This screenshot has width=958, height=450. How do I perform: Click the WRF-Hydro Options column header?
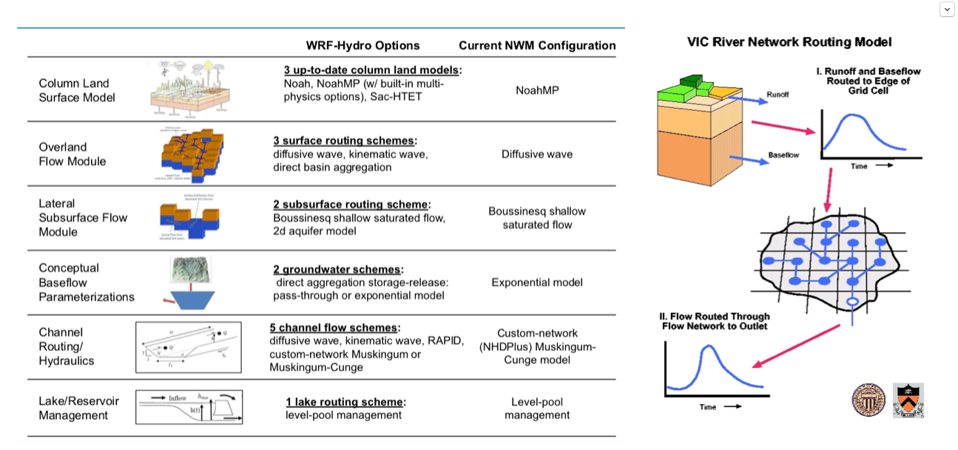coord(362,46)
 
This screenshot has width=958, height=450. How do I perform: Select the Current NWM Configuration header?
coord(537,46)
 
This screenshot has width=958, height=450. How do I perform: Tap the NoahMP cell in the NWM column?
coord(537,90)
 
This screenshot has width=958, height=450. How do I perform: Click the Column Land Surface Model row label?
coord(77,90)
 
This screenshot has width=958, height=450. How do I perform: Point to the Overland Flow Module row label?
coord(72,154)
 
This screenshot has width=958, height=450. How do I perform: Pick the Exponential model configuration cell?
coord(537,282)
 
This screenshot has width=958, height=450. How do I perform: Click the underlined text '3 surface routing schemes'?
coord(344,140)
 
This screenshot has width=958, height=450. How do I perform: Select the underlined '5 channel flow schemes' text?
coord(334,327)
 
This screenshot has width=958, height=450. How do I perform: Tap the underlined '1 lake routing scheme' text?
coord(345,402)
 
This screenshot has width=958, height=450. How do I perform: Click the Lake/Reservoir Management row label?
coord(78,408)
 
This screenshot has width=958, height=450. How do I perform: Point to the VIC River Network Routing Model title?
coord(789,42)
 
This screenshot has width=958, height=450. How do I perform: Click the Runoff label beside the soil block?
coord(777,95)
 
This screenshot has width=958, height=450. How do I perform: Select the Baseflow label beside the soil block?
coord(783,155)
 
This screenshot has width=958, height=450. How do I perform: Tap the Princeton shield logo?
coord(908,400)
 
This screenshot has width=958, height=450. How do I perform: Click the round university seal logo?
coord(868,400)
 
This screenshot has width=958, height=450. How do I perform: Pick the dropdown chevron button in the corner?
coord(947,10)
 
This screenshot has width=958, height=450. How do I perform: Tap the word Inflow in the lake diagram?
coord(178,398)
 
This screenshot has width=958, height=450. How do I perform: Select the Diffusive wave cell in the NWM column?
coord(537,154)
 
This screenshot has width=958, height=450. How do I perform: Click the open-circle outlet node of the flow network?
coord(851,302)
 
